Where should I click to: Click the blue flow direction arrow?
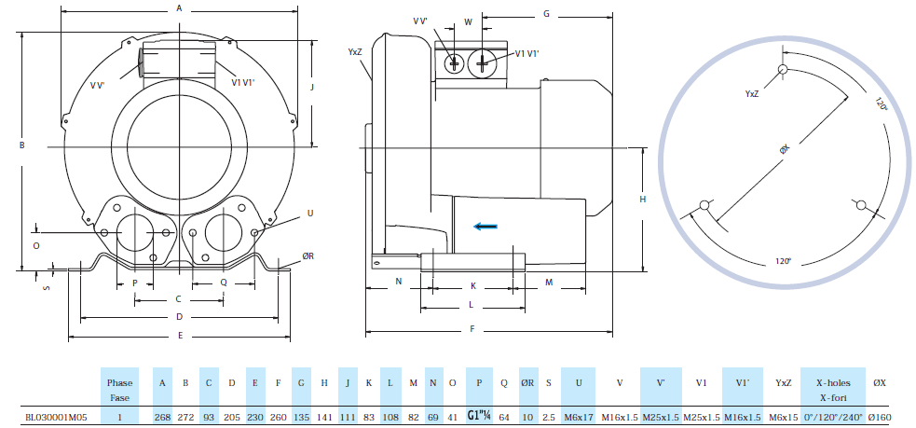485,225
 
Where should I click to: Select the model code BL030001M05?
56,417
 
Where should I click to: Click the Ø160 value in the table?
880,417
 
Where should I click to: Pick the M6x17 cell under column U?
578,417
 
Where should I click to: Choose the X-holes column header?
833,382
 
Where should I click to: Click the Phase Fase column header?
119,390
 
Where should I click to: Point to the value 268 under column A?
163,417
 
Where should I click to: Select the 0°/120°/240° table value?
833,417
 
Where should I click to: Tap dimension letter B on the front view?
21,145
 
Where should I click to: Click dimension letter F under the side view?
472,329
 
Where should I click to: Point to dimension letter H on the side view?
643,200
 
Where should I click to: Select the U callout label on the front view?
309,213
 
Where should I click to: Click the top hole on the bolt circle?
783,69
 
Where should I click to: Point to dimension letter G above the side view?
546,14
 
